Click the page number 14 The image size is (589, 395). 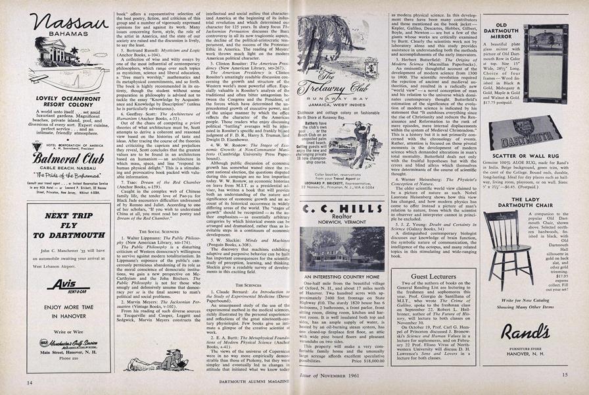click(x=30, y=382)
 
